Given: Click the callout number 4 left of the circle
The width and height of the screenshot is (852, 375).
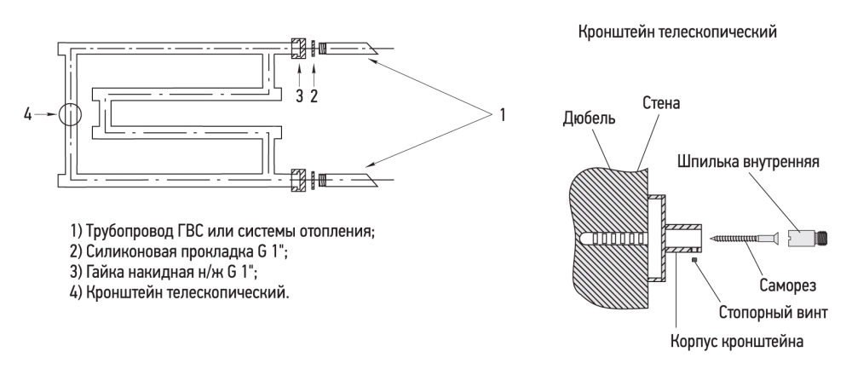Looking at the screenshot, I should pyautogui.click(x=28, y=113).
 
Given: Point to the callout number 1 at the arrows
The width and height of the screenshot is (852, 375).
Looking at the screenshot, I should pyautogui.click(x=503, y=114).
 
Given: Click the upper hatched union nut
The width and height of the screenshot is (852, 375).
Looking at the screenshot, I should pyautogui.click(x=298, y=48).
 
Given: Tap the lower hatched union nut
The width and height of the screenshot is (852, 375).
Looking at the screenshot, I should pyautogui.click(x=298, y=181).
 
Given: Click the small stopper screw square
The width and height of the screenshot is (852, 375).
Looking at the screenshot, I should pyautogui.click(x=696, y=260).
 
